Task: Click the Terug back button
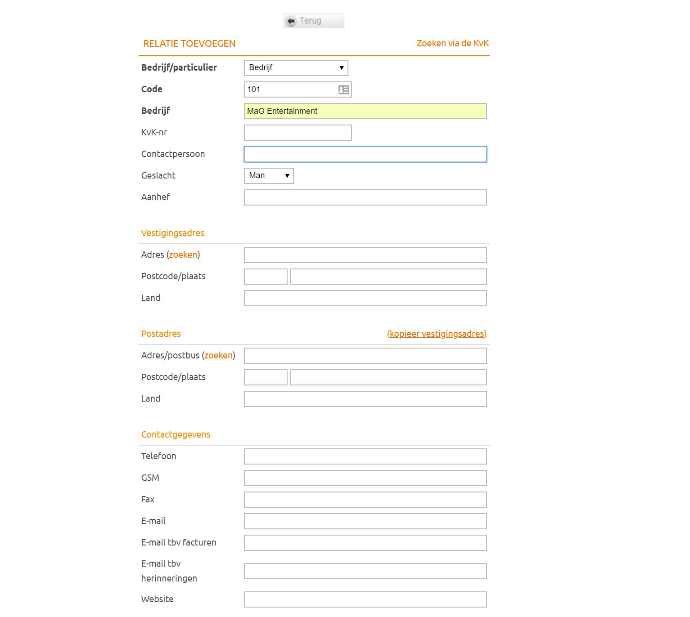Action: pos(313,21)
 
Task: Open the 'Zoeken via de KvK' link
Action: pos(452,44)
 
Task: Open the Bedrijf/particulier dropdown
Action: pos(296,68)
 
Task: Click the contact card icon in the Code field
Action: pos(344,89)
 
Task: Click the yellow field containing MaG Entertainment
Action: pos(365,111)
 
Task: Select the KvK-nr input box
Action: pos(298,133)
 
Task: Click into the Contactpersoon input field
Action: pos(365,154)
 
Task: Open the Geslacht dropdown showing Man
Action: pos(269,176)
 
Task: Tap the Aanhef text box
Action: pos(365,197)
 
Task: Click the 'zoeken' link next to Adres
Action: pos(183,255)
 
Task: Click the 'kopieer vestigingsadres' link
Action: pos(437,334)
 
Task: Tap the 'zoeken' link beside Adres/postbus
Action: pos(218,356)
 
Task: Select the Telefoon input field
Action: pos(365,456)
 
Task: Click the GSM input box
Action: pos(365,478)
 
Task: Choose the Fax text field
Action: pos(365,500)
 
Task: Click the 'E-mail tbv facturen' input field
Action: pos(365,543)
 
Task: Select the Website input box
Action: pos(365,599)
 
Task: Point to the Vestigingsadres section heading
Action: pos(172,233)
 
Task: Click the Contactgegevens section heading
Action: pos(176,435)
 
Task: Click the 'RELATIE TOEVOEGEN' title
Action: pos(189,44)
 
